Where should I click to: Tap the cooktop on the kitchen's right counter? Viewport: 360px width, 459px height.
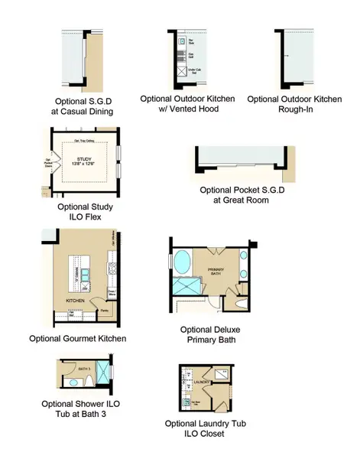tap(112, 267)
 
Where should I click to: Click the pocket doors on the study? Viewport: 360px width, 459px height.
tap(38, 163)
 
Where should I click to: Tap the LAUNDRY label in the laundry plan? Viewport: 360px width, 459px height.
tap(202, 379)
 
